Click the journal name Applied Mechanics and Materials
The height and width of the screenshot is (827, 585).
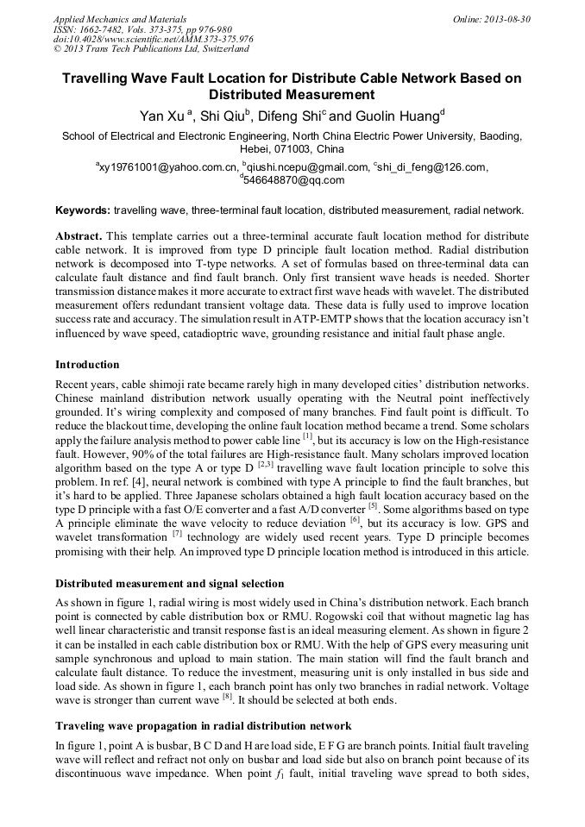tap(109, 19)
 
